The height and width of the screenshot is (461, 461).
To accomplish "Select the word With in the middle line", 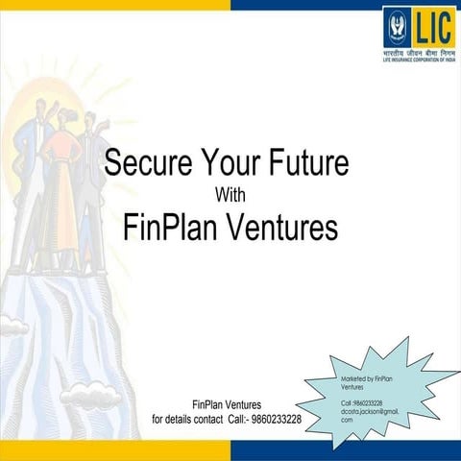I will pyautogui.click(x=231, y=195).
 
